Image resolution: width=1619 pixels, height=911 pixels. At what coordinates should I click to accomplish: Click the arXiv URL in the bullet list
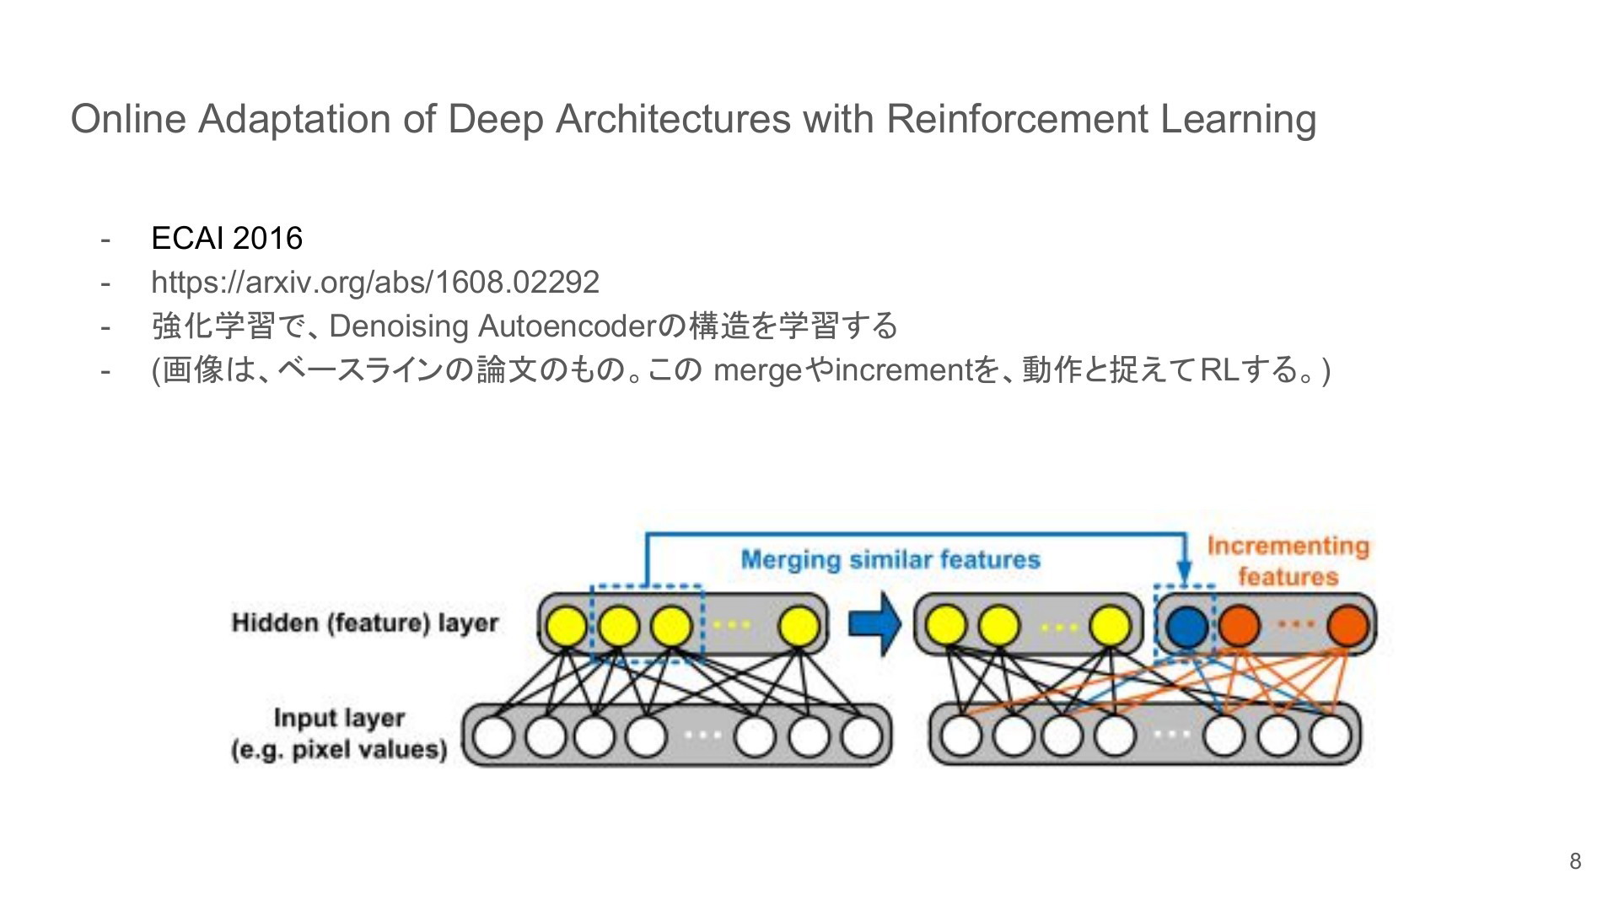click(375, 283)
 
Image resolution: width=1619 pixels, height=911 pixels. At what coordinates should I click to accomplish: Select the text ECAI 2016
click(227, 239)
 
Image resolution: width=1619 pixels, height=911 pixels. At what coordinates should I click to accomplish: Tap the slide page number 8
click(1575, 861)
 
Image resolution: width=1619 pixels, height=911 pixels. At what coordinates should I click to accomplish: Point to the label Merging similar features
click(890, 560)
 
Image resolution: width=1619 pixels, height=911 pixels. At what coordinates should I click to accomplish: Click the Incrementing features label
click(1288, 561)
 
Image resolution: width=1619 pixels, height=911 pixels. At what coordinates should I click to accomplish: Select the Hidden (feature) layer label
click(365, 623)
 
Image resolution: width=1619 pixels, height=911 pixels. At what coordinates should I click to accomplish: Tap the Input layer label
click(339, 718)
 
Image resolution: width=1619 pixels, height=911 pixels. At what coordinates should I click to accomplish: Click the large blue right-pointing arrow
click(874, 624)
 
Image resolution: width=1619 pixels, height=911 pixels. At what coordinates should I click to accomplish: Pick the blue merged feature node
click(1186, 626)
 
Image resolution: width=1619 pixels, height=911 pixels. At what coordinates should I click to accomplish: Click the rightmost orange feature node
click(1347, 626)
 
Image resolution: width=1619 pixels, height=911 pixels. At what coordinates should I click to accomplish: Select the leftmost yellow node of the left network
click(567, 627)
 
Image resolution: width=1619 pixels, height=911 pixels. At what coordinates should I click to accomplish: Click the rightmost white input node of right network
click(1331, 736)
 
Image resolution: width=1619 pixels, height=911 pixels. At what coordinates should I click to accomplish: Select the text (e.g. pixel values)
click(339, 750)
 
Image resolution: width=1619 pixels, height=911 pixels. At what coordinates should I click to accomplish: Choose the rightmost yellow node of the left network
click(799, 627)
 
